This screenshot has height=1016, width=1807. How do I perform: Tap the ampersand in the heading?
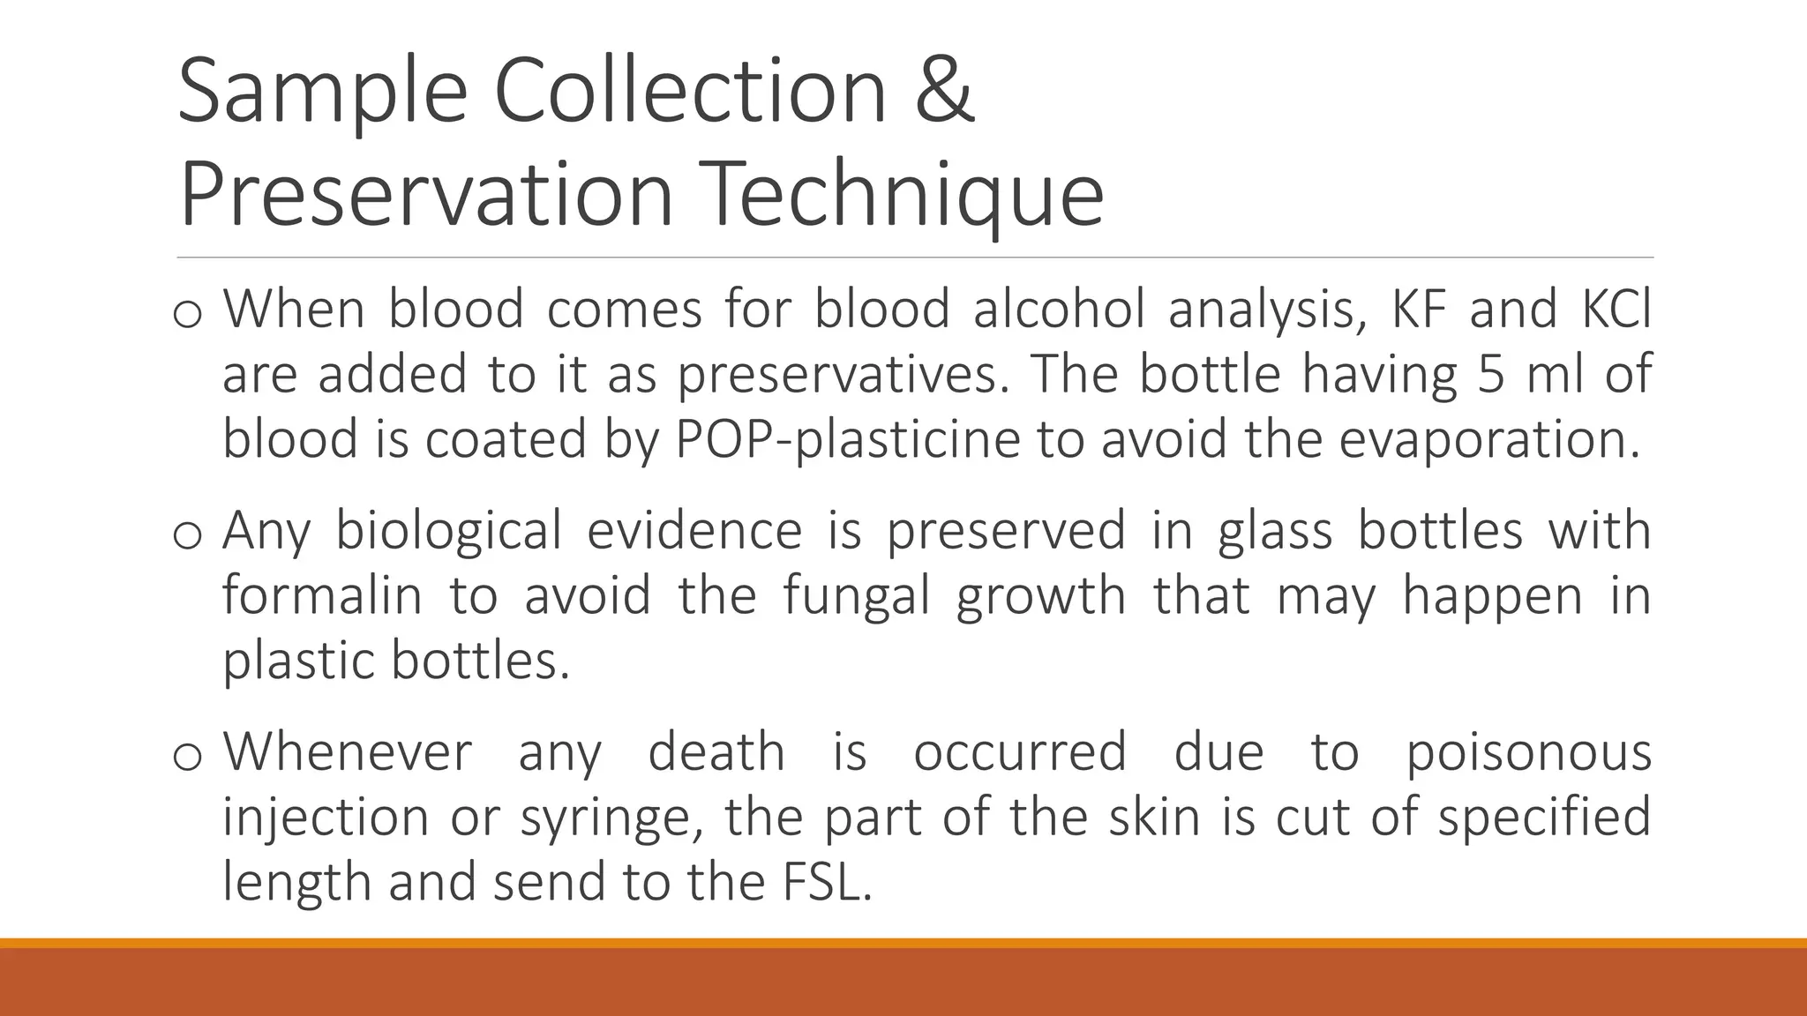coord(945,90)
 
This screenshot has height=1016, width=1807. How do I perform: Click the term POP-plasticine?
coord(847,439)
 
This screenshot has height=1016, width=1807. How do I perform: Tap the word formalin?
coord(322,595)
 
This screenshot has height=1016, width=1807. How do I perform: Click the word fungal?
coord(856,595)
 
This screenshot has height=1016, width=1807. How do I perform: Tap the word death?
coord(716,752)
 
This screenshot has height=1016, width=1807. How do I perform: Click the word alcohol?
coord(1059,310)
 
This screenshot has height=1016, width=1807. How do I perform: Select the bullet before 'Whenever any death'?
coord(188,757)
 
